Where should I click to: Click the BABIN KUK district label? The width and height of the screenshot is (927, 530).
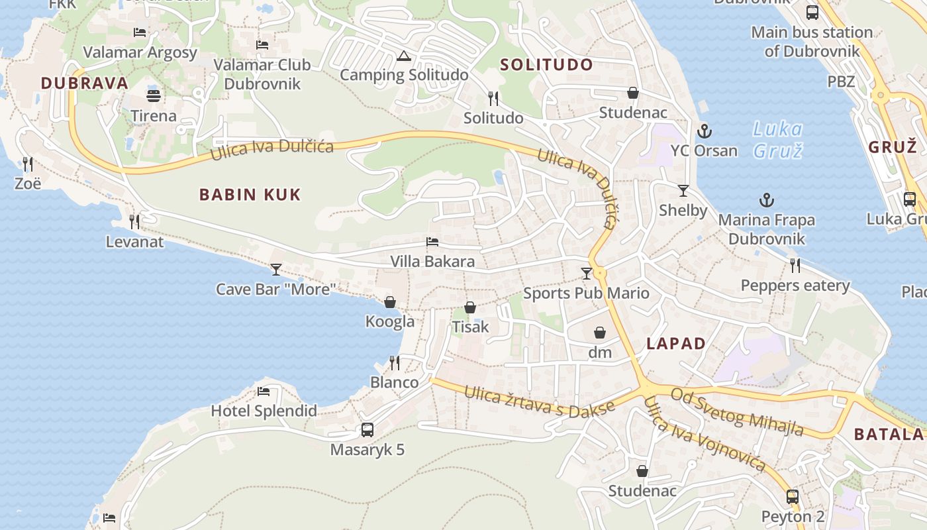coord(250,195)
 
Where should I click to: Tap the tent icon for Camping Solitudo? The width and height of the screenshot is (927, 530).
coord(404,56)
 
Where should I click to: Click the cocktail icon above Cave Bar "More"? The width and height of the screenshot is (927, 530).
coord(276,270)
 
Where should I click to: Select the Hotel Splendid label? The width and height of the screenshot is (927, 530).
coord(264,411)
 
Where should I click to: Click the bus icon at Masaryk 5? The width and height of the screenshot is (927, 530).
coord(367,430)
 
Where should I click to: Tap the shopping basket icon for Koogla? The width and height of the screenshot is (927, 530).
coord(390,302)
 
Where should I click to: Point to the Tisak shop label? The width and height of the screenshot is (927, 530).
coord(470,327)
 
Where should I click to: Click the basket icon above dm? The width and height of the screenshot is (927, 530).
coord(600,333)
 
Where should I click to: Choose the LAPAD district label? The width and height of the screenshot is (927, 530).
coord(675,344)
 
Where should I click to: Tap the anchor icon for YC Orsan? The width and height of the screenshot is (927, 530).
coord(704,131)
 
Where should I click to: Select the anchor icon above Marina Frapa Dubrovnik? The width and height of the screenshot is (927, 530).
coord(766,200)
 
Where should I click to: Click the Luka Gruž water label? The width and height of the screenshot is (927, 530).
coord(778,140)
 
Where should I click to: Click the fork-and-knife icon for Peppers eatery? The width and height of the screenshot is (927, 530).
coord(795,266)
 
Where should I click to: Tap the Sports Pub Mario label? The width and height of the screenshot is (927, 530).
coord(586,293)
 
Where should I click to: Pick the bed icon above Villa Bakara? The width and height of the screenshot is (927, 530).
coord(432,242)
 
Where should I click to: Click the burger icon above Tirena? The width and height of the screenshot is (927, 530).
coord(154,96)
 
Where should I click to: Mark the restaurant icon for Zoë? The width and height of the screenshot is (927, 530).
coord(27,163)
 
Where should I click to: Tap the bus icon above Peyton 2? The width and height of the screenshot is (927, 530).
coord(793,497)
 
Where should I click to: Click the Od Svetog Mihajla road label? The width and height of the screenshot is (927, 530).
coord(737,412)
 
